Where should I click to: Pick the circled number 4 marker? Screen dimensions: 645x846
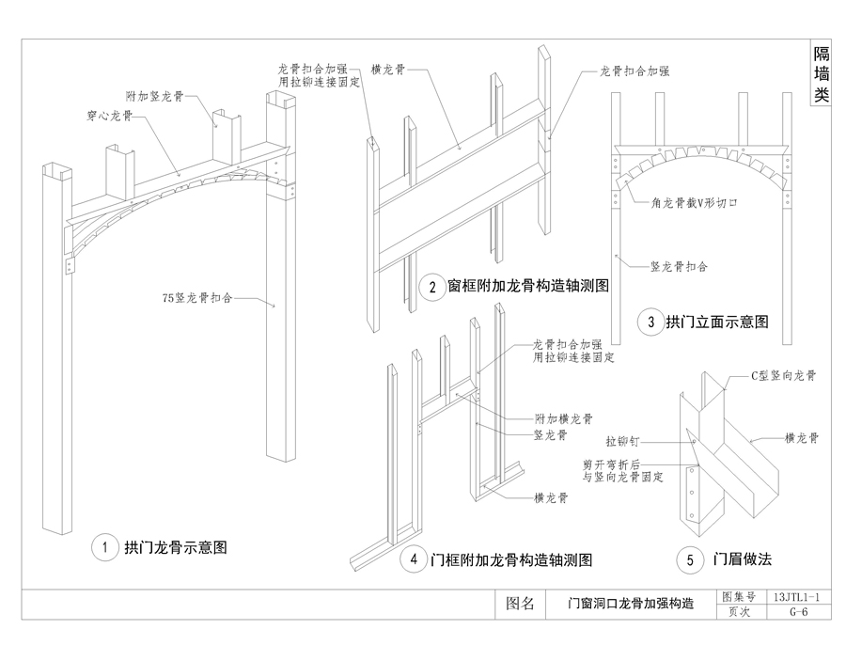click(x=414, y=559)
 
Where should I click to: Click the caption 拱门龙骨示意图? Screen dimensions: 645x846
click(x=176, y=547)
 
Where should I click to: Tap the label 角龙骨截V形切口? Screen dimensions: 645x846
click(x=696, y=201)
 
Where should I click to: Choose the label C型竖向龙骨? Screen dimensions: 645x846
click(x=783, y=375)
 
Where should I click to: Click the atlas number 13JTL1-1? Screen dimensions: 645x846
click(x=799, y=597)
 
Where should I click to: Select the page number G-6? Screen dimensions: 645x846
click(x=799, y=612)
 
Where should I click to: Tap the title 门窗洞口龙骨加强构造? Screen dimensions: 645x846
click(x=631, y=605)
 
